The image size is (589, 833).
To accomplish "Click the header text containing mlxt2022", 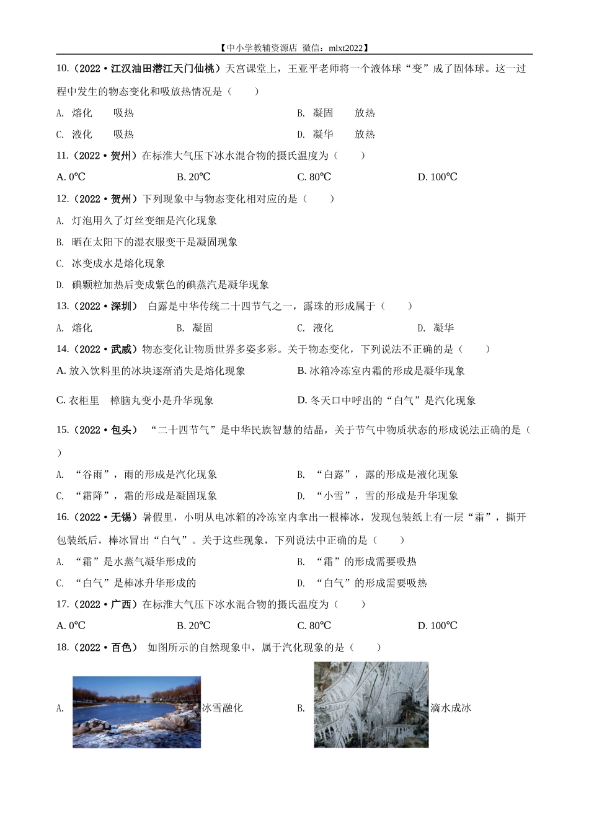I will [294, 47].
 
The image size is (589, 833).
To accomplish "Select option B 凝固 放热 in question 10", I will [335, 113].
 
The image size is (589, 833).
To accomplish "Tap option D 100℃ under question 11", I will [437, 177].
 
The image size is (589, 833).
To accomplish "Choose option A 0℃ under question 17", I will [71, 625].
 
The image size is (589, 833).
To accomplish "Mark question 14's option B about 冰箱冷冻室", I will [381, 371].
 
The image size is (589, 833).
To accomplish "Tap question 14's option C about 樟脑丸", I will [135, 400].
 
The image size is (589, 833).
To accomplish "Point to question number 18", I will [62, 647].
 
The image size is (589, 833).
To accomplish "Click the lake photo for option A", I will [136, 712].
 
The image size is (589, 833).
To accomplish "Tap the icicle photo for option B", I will [371, 705].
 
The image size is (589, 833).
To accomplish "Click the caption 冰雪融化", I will [223, 708].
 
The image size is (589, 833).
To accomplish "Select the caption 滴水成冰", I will [451, 708].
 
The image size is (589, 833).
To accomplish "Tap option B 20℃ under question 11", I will [193, 177].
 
